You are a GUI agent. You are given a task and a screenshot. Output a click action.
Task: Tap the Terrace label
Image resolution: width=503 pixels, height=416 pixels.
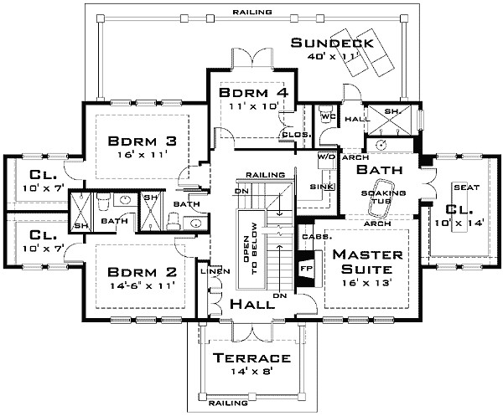coord(251,358)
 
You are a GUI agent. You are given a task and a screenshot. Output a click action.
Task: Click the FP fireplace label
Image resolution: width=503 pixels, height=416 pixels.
coord(306,268)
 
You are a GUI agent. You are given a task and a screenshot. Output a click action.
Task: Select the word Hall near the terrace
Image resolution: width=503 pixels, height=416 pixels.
coord(252,304)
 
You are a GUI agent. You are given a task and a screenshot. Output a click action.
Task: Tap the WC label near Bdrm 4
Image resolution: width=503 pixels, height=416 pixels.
coord(328,117)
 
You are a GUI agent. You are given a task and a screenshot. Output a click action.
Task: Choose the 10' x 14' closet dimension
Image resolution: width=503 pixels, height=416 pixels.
coord(459,223)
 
